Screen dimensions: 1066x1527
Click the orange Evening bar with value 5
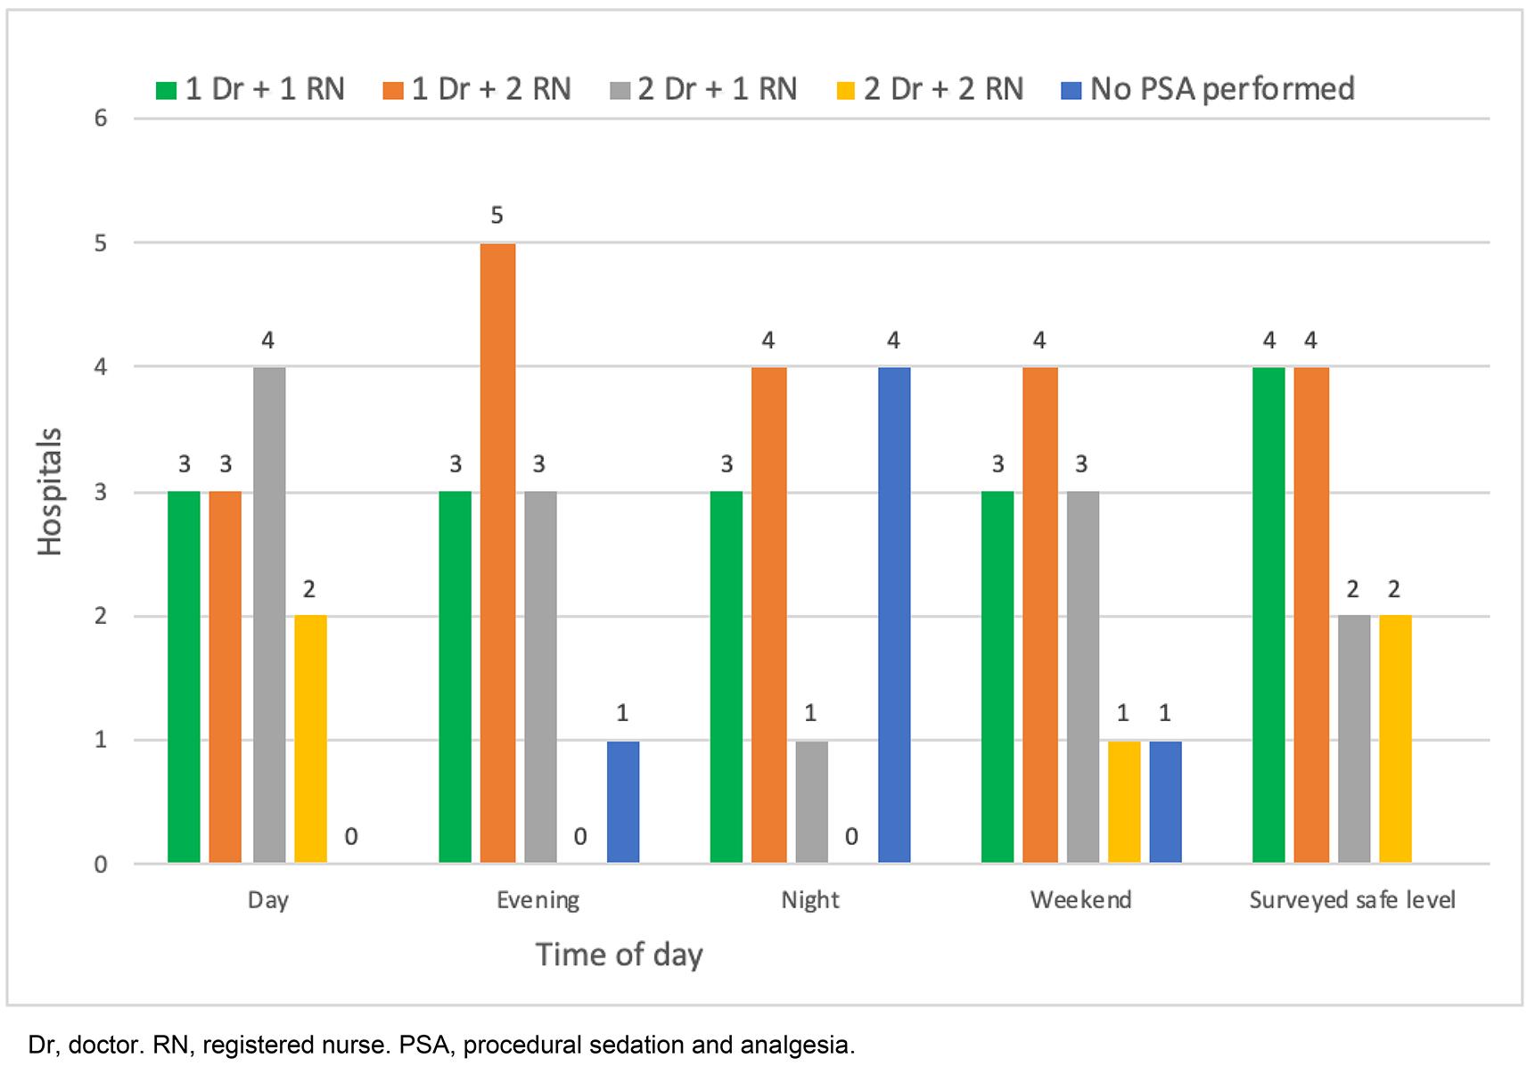point(497,553)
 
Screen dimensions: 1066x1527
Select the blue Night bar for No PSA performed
point(894,615)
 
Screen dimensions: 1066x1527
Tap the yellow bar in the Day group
point(310,739)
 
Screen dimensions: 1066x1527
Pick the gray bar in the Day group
point(269,615)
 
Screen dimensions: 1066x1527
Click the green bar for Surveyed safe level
point(1268,615)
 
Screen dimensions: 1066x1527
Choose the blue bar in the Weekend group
point(1165,801)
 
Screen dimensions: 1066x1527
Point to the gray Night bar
point(811,801)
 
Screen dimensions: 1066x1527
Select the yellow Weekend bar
point(1123,801)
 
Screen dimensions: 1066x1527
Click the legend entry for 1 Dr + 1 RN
point(250,89)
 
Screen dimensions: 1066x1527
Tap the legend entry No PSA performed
point(1208,89)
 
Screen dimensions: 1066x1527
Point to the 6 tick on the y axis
point(101,119)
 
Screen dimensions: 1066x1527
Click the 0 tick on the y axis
point(101,864)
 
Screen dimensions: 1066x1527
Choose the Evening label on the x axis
point(538,900)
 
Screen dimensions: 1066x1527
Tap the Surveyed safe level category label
point(1351,900)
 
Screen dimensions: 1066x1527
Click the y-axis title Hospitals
point(50,491)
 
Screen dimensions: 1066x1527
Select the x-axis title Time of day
point(619,955)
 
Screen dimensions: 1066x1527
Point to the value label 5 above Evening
point(497,216)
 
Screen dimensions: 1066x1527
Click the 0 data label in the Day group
point(351,837)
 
